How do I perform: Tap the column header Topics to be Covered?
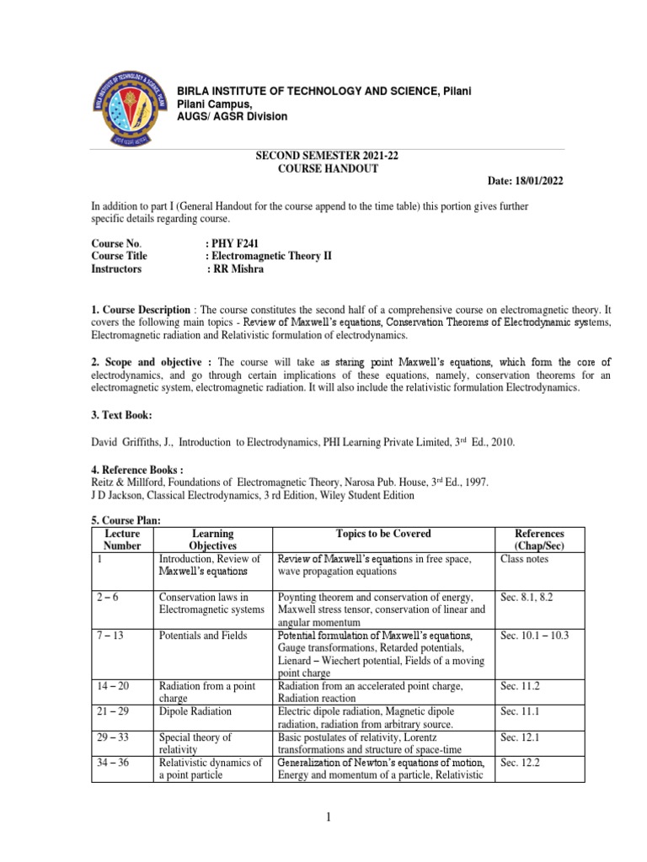[382, 534]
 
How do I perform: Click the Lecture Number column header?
[121, 540]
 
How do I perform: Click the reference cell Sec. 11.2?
[518, 686]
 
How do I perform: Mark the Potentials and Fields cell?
[203, 636]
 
